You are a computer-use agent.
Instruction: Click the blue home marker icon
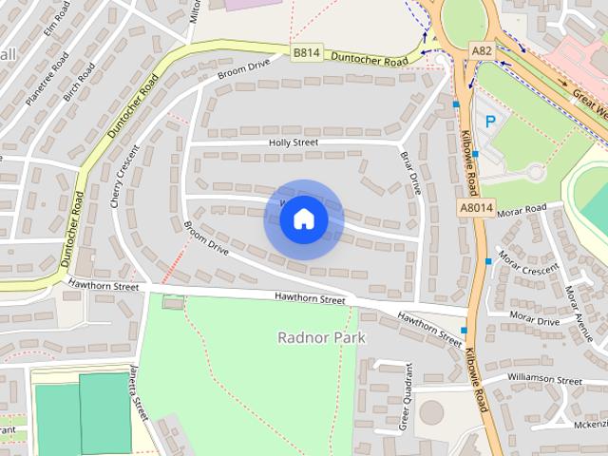pos(303,219)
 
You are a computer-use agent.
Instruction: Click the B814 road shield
pos(306,53)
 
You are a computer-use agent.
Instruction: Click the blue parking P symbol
pos(490,122)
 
